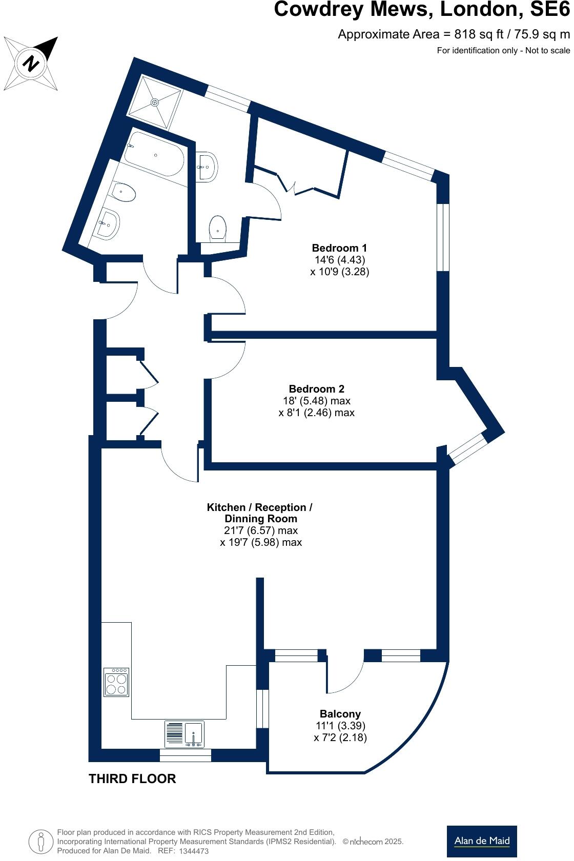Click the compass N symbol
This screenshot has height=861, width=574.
pos(32,64)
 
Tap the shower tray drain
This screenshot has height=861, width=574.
pos(154,102)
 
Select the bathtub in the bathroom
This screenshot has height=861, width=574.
pos(154,154)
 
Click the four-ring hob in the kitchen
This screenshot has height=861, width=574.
pos(116,682)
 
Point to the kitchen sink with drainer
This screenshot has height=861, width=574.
pos(184,734)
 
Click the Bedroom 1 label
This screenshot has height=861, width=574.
pos(339,248)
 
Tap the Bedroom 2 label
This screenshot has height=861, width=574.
pos(316,389)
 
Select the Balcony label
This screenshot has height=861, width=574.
pos(340,714)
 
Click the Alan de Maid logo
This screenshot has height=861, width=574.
pos(481,841)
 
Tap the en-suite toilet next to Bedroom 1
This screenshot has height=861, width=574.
pos(218,229)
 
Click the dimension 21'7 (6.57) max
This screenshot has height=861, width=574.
pos(260,530)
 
